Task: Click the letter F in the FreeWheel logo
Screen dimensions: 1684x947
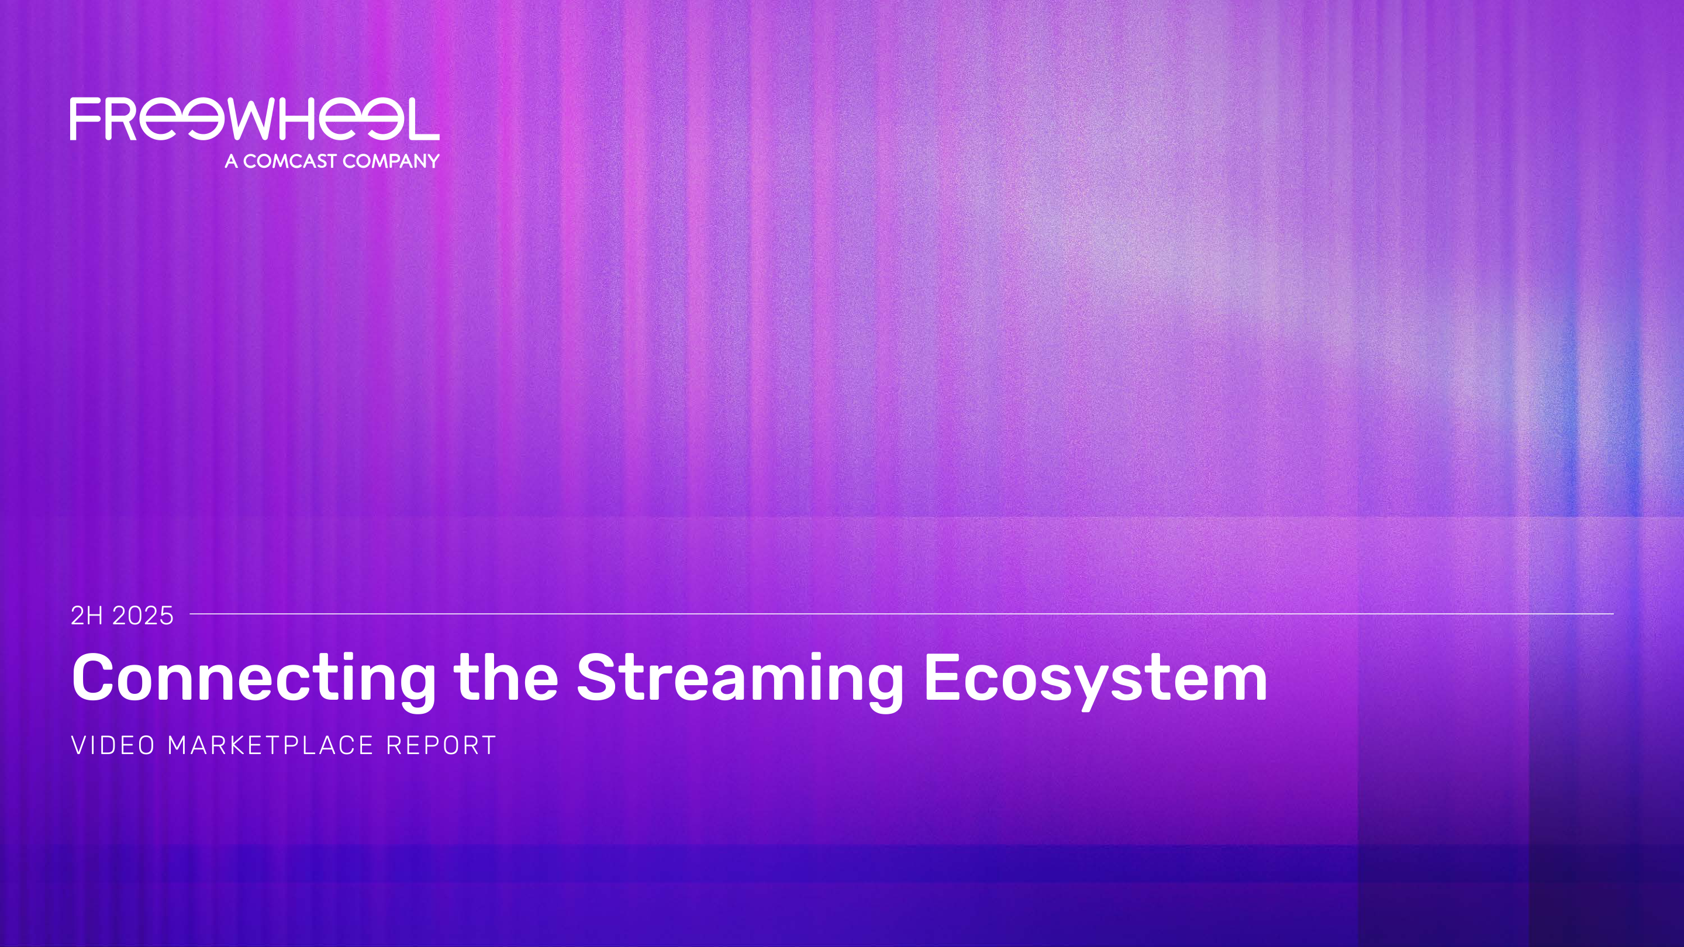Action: pos(85,119)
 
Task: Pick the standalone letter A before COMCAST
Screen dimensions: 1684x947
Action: pos(232,161)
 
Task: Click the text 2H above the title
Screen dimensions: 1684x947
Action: pos(88,616)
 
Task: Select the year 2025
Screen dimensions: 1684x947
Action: pos(143,616)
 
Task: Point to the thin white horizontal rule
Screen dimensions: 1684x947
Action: pos(902,614)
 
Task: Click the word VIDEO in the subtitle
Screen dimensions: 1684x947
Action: pos(113,746)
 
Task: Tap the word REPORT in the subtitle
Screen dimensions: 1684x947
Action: pos(441,746)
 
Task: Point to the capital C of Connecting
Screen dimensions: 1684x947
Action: pos(93,677)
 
